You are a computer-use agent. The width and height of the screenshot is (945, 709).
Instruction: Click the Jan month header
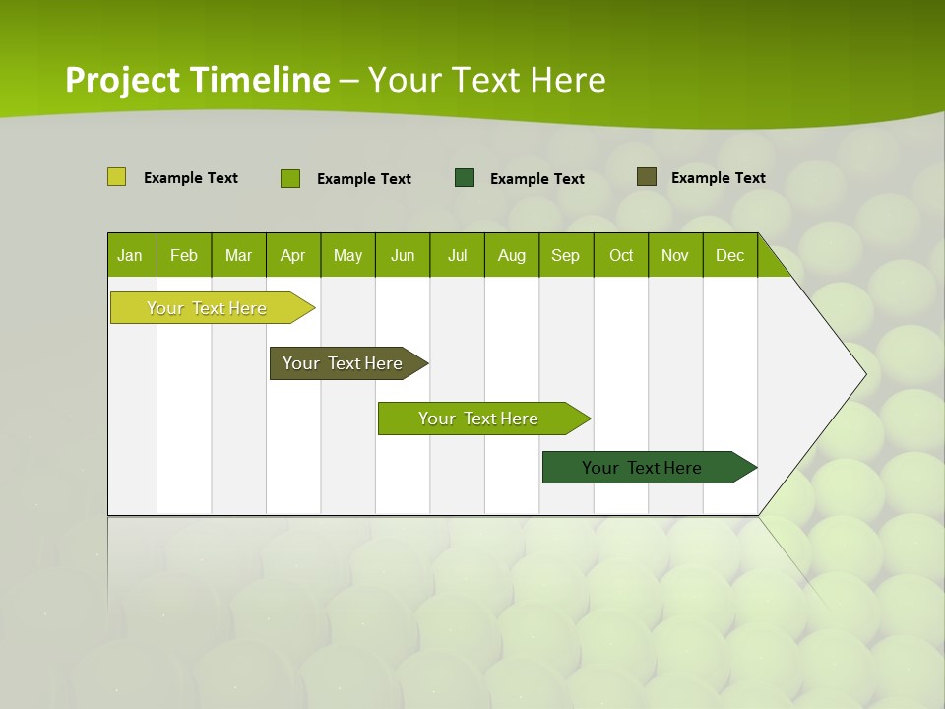pos(130,255)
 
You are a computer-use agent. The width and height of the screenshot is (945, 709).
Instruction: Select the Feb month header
pos(184,255)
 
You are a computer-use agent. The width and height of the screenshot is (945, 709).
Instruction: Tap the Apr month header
pos(292,255)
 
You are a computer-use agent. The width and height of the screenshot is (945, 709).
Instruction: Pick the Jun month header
pos(403,255)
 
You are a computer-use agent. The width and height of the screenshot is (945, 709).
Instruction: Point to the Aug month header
pos(511,255)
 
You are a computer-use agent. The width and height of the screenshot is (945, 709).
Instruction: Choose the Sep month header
pos(565,255)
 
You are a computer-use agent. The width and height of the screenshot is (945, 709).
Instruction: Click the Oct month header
pos(621,255)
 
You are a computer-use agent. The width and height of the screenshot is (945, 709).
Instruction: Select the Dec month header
pos(729,255)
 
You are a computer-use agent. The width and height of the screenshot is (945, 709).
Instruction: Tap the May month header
pos(347,255)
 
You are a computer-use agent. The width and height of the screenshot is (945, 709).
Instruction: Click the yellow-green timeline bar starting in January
pos(207,308)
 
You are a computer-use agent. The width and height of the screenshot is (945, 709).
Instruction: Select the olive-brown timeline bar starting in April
pos(343,363)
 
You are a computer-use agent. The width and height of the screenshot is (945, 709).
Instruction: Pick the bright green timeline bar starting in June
pos(478,419)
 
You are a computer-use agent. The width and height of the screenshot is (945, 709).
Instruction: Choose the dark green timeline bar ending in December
pos(642,468)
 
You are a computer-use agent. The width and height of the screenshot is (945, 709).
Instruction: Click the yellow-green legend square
pos(116,177)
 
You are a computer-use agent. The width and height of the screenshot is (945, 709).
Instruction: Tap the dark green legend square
pos(465,177)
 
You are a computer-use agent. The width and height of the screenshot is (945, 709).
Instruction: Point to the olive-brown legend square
pos(646,177)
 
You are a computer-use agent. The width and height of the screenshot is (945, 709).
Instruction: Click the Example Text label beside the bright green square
pos(363,179)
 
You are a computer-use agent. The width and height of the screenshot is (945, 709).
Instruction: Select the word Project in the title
pos(123,80)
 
